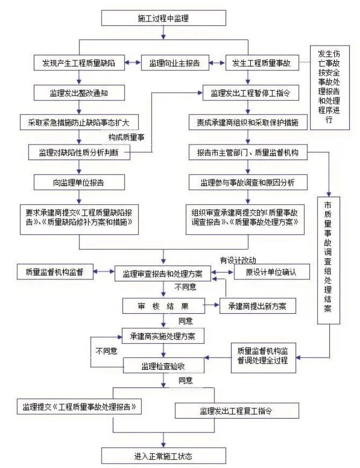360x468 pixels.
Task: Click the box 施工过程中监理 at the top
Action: [x=163, y=18]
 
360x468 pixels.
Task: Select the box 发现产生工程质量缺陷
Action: [x=79, y=63]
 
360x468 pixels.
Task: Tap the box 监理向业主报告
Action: [x=175, y=63]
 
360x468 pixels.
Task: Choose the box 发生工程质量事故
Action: [x=261, y=63]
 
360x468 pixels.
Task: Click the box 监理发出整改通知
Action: [x=79, y=93]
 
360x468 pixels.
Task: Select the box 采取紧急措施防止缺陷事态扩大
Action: [x=79, y=122]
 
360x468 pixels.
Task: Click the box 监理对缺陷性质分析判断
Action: [x=79, y=153]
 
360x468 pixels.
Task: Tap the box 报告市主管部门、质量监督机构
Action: [x=248, y=153]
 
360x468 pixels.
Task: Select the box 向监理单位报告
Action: [x=79, y=182]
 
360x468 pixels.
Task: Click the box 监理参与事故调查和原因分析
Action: [x=248, y=182]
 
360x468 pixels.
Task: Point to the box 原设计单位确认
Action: [x=272, y=272]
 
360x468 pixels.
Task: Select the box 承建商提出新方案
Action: [x=257, y=306]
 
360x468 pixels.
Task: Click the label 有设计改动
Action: [x=237, y=261]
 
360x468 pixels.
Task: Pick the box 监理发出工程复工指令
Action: [x=236, y=412]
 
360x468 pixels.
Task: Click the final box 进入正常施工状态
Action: [x=163, y=457]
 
